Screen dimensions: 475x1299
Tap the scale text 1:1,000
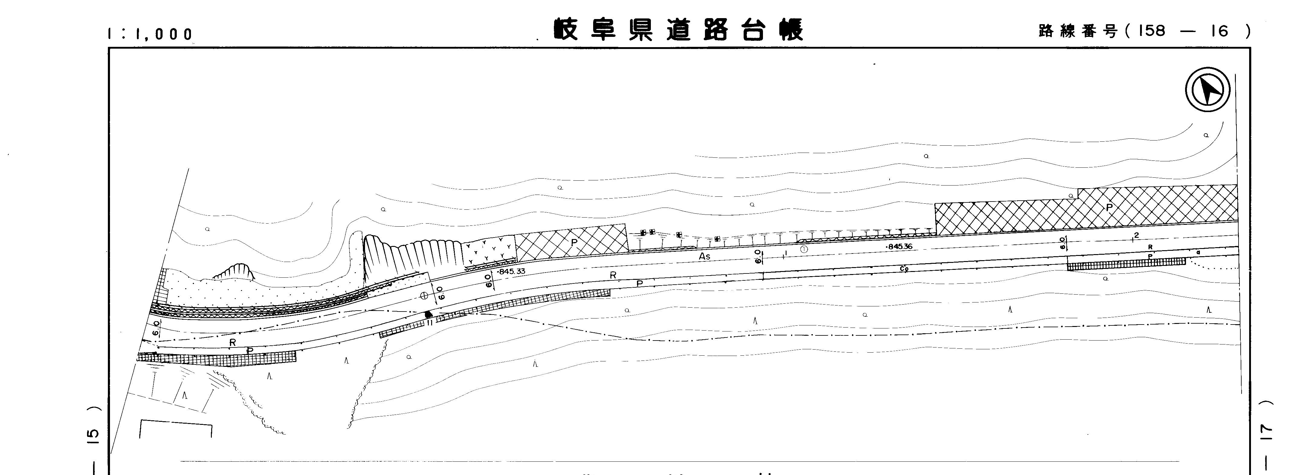click(150, 34)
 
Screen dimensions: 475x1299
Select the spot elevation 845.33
click(511, 271)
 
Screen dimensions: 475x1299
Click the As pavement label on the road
click(704, 257)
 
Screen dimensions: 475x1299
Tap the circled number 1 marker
click(804, 249)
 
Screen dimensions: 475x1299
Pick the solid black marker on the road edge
click(429, 314)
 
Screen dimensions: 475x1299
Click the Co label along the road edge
click(904, 269)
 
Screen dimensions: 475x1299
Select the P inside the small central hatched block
click(574, 242)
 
